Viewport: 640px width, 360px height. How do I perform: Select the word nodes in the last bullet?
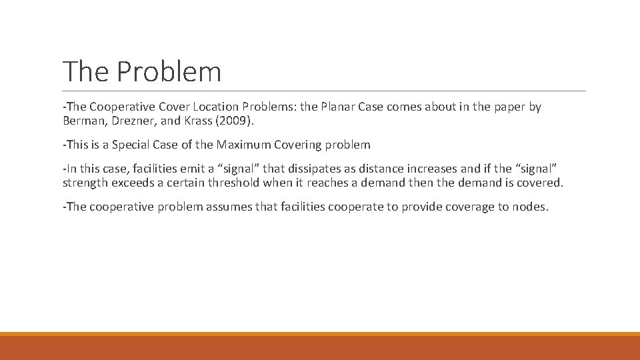click(529, 207)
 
